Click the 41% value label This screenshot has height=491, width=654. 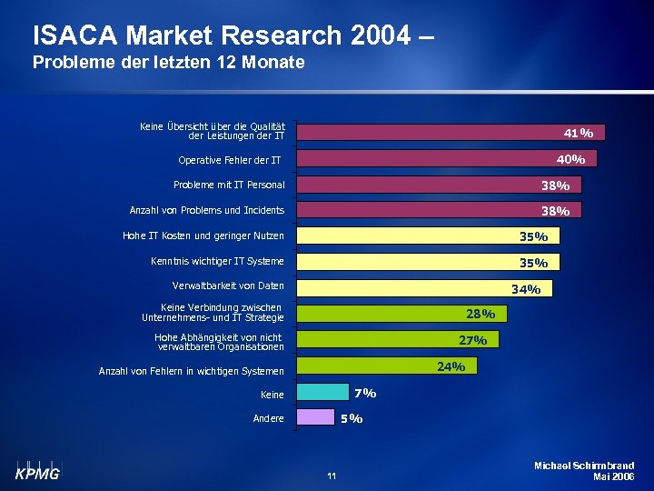tap(579, 133)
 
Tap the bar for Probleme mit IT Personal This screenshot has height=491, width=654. tap(436, 185)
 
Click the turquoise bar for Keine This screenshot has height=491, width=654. tap(322, 393)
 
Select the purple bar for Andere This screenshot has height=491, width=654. tap(315, 418)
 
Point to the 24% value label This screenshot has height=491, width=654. tap(451, 366)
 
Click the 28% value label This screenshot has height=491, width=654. tap(481, 314)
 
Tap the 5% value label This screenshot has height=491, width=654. tap(352, 418)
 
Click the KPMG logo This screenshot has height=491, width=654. tap(36, 470)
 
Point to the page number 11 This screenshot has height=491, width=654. tap(332, 476)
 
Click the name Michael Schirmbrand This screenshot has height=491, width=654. tap(585, 466)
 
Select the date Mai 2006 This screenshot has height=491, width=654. tap(613, 476)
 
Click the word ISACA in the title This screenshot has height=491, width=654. tap(75, 35)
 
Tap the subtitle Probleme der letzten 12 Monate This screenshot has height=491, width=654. tap(168, 63)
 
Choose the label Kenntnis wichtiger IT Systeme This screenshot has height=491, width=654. tap(217, 262)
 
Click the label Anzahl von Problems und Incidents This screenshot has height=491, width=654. tap(207, 211)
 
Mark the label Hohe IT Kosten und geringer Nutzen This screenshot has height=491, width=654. tap(203, 236)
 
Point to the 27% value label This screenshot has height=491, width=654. tap(473, 340)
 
